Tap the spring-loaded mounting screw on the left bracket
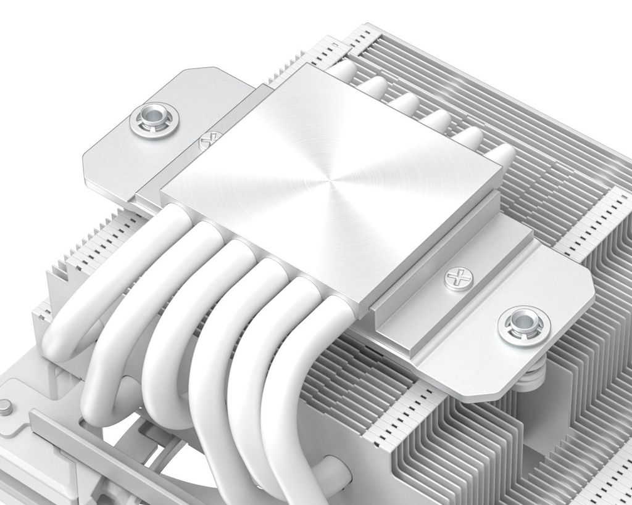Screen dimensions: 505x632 tap(154, 120)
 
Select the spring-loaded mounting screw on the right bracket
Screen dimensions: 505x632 tap(524, 325)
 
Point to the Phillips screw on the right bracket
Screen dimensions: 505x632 tap(458, 279)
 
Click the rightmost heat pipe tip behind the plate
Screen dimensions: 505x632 tap(501, 155)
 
